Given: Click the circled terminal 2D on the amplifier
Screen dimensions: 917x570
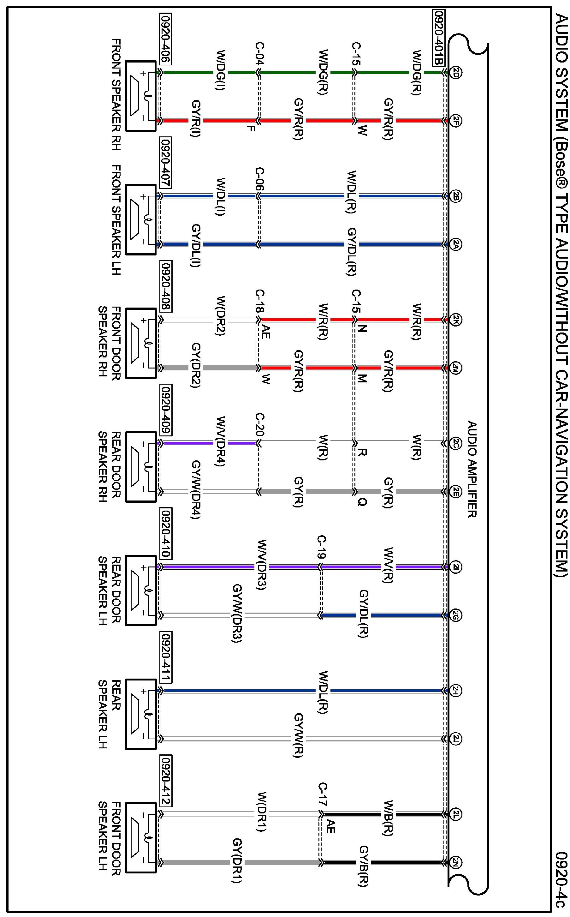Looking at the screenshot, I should [455, 73].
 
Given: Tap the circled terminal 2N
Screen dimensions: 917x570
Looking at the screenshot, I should [455, 862].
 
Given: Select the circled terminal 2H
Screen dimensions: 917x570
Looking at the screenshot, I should [455, 691].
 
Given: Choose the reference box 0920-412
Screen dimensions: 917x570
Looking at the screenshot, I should [166, 782].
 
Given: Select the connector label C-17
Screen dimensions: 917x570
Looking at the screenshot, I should [322, 794].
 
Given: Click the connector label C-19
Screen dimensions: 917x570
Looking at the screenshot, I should [322, 547].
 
